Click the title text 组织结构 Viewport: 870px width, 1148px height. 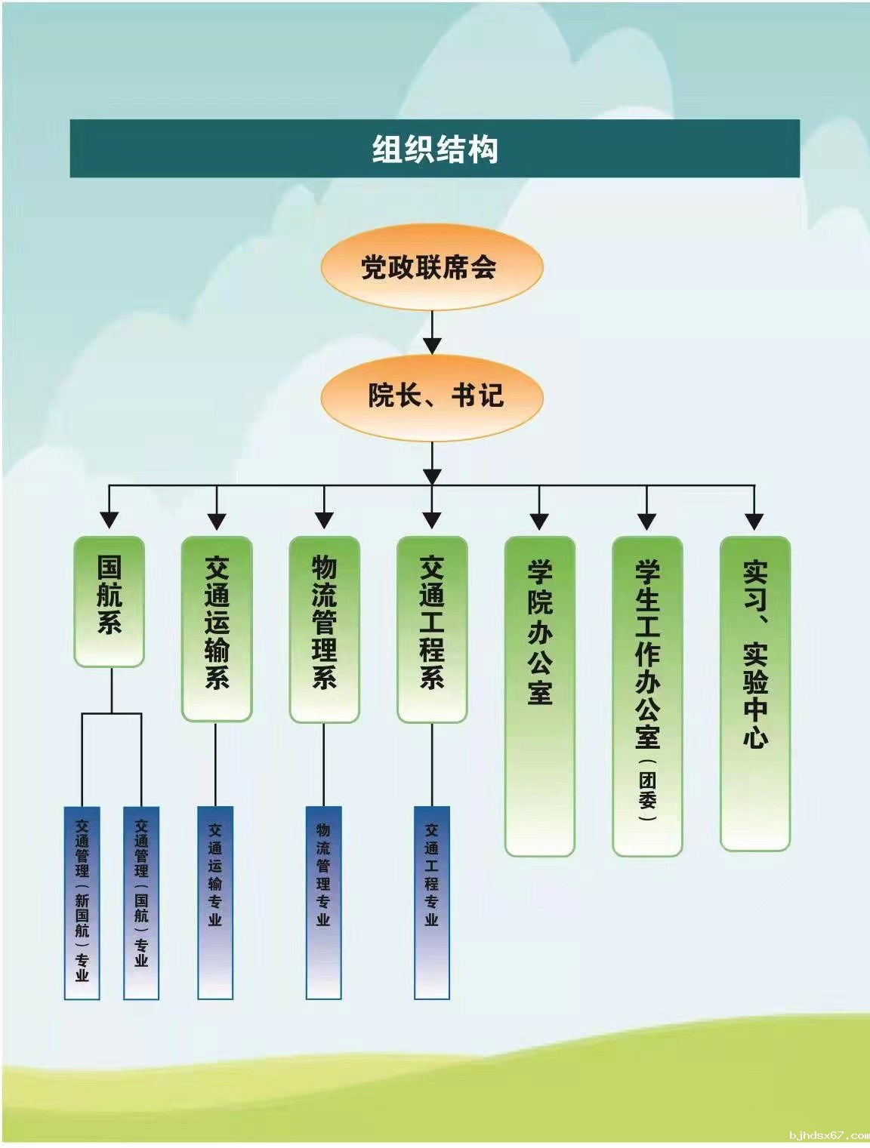434,149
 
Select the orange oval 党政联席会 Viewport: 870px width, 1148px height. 431,268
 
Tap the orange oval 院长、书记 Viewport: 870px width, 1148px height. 432,395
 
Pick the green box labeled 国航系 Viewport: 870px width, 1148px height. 110,601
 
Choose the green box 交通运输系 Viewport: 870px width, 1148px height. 217,629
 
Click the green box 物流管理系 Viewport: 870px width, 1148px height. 324,629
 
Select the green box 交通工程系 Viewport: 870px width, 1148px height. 432,629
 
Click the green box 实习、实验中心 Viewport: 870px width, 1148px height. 754,693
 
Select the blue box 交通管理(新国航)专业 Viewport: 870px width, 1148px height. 82,902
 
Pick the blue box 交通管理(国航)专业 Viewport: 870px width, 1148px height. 141,902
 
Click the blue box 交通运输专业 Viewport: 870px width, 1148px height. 215,902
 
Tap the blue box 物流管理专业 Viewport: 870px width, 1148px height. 323,902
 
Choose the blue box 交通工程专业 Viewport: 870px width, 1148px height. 431,902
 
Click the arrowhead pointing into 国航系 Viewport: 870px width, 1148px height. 110,520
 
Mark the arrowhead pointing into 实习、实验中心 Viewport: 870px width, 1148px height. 754,520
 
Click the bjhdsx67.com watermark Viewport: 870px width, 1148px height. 826,1135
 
